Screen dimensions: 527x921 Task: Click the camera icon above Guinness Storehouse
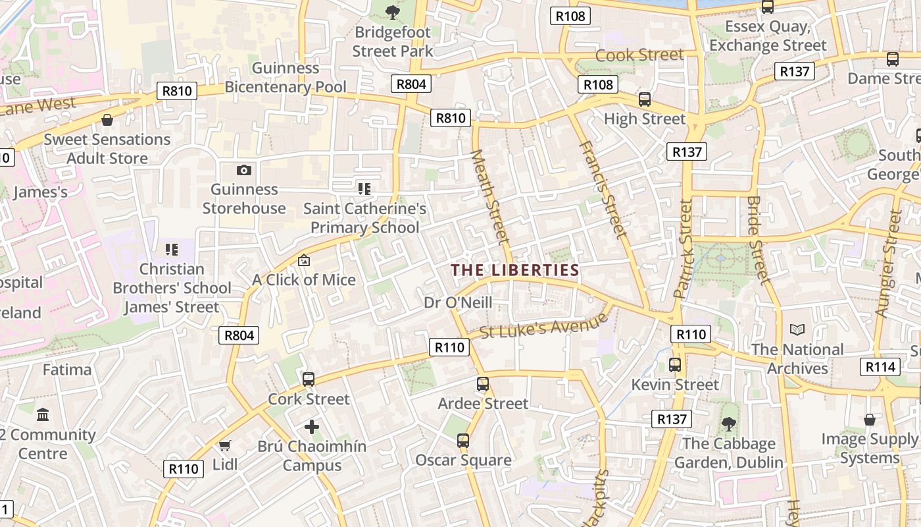point(244,170)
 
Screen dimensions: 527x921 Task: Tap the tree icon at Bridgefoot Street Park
point(393,11)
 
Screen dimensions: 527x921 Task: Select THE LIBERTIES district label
point(515,270)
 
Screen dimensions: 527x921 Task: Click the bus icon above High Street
point(645,99)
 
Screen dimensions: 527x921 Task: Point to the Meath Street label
point(491,196)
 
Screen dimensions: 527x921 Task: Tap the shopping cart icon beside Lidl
point(224,446)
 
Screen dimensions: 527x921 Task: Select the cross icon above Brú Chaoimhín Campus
point(312,427)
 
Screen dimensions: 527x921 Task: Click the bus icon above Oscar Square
point(463,441)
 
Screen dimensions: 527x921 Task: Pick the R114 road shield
point(880,367)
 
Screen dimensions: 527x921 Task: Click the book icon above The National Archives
point(797,329)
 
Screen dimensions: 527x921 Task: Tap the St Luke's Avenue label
point(543,326)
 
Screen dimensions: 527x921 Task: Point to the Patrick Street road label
point(684,248)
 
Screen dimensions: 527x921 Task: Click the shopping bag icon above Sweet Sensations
point(107,120)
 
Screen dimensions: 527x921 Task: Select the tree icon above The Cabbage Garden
point(728,424)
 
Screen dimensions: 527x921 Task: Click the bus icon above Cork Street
point(309,379)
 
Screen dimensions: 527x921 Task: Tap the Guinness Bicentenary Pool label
point(286,77)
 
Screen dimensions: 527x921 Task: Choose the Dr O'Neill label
point(458,303)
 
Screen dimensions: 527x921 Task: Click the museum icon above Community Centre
point(43,415)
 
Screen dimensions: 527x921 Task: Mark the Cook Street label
point(639,55)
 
